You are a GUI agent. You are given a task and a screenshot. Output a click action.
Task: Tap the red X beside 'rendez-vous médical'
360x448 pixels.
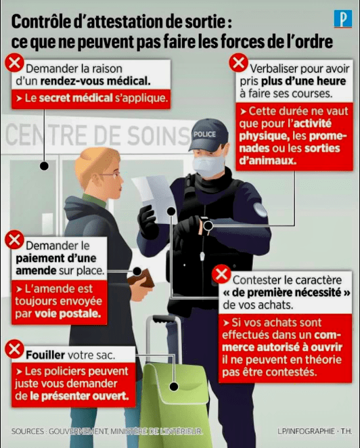[14, 64]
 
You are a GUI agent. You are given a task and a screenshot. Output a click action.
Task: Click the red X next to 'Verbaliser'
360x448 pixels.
[238, 63]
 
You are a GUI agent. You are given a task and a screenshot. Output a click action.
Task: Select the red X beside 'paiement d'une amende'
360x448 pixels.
[14, 239]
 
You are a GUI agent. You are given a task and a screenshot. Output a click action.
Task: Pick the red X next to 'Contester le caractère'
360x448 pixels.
[221, 275]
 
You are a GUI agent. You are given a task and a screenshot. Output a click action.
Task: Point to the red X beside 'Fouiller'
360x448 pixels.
[14, 349]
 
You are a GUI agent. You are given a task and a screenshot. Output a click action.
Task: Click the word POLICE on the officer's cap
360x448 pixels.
[204, 134]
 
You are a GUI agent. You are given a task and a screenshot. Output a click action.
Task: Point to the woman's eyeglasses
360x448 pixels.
[111, 175]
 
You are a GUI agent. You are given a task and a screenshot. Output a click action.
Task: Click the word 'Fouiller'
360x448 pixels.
[45, 354]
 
